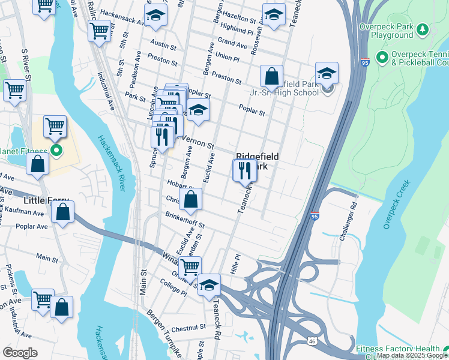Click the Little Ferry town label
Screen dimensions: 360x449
(x=45, y=200)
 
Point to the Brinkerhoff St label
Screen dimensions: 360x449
(x=185, y=221)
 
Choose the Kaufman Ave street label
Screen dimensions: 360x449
(x=23, y=212)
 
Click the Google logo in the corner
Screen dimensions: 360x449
(x=20, y=353)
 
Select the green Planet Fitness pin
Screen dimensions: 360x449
(x=56, y=151)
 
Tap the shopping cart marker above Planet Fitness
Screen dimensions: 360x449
(x=55, y=127)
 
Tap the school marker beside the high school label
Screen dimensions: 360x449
(x=327, y=74)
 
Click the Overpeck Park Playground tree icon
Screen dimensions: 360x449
(x=423, y=28)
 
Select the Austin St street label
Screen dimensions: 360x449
(x=163, y=45)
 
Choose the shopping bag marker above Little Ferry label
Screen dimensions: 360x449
(x=37, y=164)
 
